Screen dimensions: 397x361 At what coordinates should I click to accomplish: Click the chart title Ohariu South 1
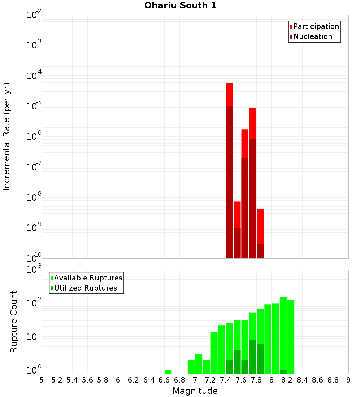point(180,6)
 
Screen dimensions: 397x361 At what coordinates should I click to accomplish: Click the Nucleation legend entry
point(312,36)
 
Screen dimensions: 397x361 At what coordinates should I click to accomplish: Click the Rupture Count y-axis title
point(14,322)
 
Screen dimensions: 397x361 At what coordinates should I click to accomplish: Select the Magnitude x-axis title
point(195,391)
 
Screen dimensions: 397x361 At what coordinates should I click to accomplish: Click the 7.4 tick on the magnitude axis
point(226,380)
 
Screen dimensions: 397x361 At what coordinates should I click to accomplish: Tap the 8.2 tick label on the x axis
point(287,380)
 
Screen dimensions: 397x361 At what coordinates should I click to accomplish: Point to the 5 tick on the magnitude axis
point(42,380)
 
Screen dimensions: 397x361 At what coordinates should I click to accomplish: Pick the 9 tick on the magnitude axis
point(348,380)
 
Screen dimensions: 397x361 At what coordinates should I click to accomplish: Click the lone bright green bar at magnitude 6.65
point(168,372)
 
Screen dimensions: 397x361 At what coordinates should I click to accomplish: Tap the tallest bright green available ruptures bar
point(283,332)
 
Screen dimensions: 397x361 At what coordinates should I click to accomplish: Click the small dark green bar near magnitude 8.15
point(283,372)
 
